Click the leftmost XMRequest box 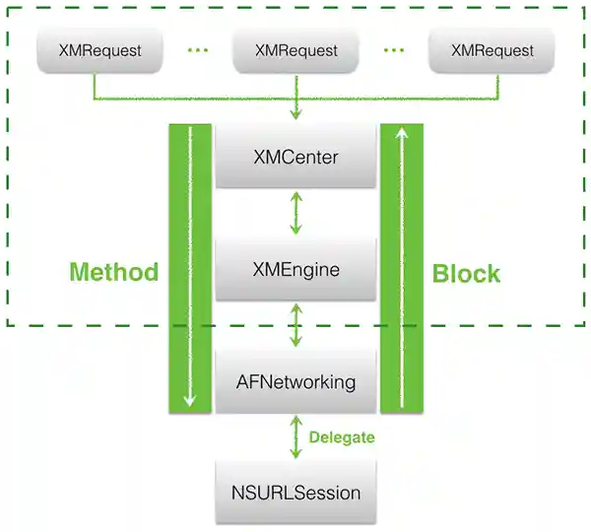tap(98, 50)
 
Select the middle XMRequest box tap(295, 50)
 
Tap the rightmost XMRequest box tap(492, 50)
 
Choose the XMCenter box tap(295, 158)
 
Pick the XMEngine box tap(295, 269)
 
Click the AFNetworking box tap(295, 381)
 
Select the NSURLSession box tap(295, 492)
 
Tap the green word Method tap(113, 272)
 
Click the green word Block tap(467, 273)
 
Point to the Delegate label tap(341, 437)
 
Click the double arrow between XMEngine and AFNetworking tap(295, 325)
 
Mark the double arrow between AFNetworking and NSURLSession tap(295, 436)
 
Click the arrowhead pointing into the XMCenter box tap(295, 117)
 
